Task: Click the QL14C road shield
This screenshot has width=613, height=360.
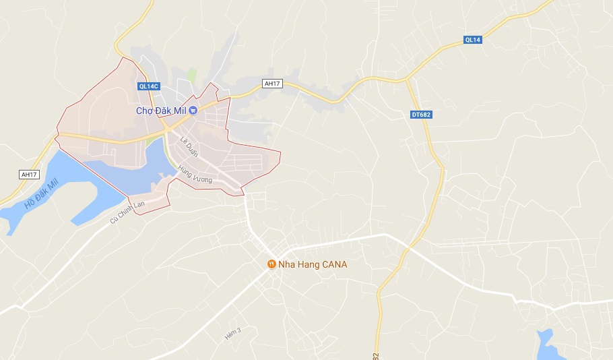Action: coord(148,86)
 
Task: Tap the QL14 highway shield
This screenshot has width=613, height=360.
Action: coord(473,40)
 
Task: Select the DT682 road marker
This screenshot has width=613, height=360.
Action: coord(420,115)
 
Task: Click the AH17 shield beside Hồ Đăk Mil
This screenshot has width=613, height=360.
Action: coord(29,175)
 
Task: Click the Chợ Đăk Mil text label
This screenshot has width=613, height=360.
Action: coord(161,110)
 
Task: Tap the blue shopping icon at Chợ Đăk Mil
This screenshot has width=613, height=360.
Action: coord(193,110)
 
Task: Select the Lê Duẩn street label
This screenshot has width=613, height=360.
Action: coord(189,146)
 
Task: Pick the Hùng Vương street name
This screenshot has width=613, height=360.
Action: coord(195,175)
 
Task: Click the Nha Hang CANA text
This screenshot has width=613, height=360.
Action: coord(312,264)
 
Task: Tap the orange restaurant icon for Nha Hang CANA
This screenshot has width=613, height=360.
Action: coord(271,264)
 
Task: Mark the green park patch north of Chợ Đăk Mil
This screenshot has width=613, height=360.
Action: coord(192,75)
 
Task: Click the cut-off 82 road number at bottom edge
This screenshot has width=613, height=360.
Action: coord(376,355)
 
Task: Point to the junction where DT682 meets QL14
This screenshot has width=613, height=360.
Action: coord(408,80)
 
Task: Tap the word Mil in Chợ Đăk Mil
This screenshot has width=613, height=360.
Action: coord(179,110)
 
